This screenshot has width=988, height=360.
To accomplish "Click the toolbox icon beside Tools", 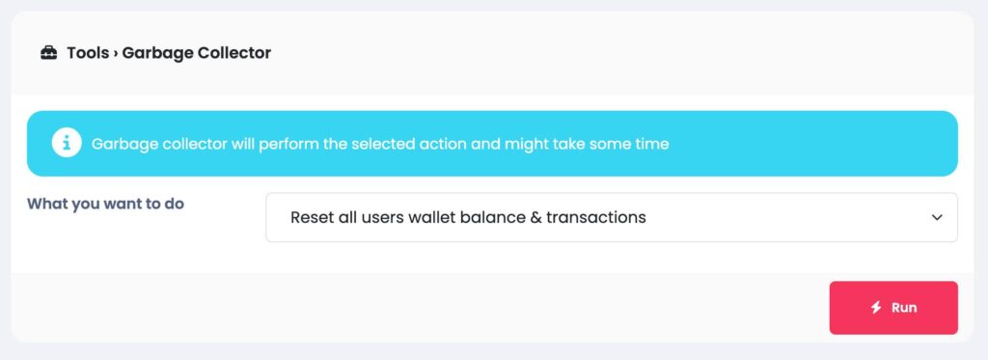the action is pos(48,53).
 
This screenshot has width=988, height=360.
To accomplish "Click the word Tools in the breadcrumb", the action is pos(88,53).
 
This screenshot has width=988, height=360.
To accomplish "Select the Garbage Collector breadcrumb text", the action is pos(197,53).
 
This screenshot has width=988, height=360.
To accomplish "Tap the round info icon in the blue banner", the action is pos(67,143).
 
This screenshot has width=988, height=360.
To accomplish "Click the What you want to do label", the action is pos(106,205).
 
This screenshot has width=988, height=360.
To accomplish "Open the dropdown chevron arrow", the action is pos(937,217).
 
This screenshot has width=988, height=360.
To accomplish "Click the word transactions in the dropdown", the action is pos(596,217).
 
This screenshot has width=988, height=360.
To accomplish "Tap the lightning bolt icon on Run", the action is pos(876,308).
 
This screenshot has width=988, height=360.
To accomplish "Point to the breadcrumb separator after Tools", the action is pos(116,54).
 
